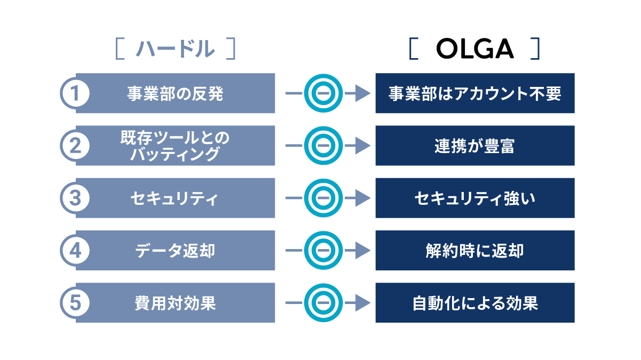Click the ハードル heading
175,49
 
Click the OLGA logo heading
474,49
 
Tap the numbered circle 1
75,93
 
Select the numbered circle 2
75,146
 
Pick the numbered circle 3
75,198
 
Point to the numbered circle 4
75,250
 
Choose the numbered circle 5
75,302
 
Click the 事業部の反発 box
176,93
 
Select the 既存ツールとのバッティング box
176,146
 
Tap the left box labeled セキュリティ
176,198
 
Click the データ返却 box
176,250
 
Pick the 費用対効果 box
176,302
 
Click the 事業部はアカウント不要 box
475,93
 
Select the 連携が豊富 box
475,146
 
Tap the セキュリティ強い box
475,198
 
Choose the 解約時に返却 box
475,250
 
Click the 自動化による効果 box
475,302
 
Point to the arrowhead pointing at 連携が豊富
363,146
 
